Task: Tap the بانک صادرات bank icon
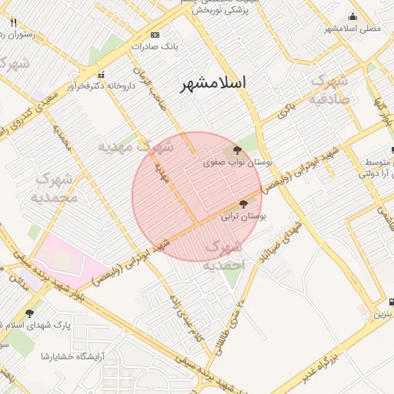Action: click(155, 35)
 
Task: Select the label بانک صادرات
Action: click(154, 46)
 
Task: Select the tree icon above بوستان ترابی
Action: click(244, 205)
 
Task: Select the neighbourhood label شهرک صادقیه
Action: click(329, 90)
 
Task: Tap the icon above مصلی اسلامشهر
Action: click(353, 17)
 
